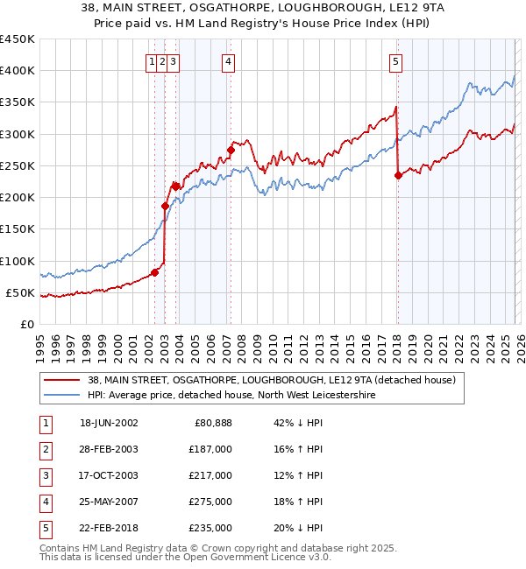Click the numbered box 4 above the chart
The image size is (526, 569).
point(228,61)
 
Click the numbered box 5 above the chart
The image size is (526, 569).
point(396,61)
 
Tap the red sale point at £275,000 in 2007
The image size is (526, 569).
point(231,150)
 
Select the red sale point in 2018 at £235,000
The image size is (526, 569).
point(398,175)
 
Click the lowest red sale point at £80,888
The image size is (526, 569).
point(155,272)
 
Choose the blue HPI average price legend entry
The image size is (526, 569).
point(231,396)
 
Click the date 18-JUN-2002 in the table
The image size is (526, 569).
point(109,423)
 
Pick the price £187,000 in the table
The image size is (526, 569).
point(210,449)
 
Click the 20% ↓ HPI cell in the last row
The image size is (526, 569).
point(298,528)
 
